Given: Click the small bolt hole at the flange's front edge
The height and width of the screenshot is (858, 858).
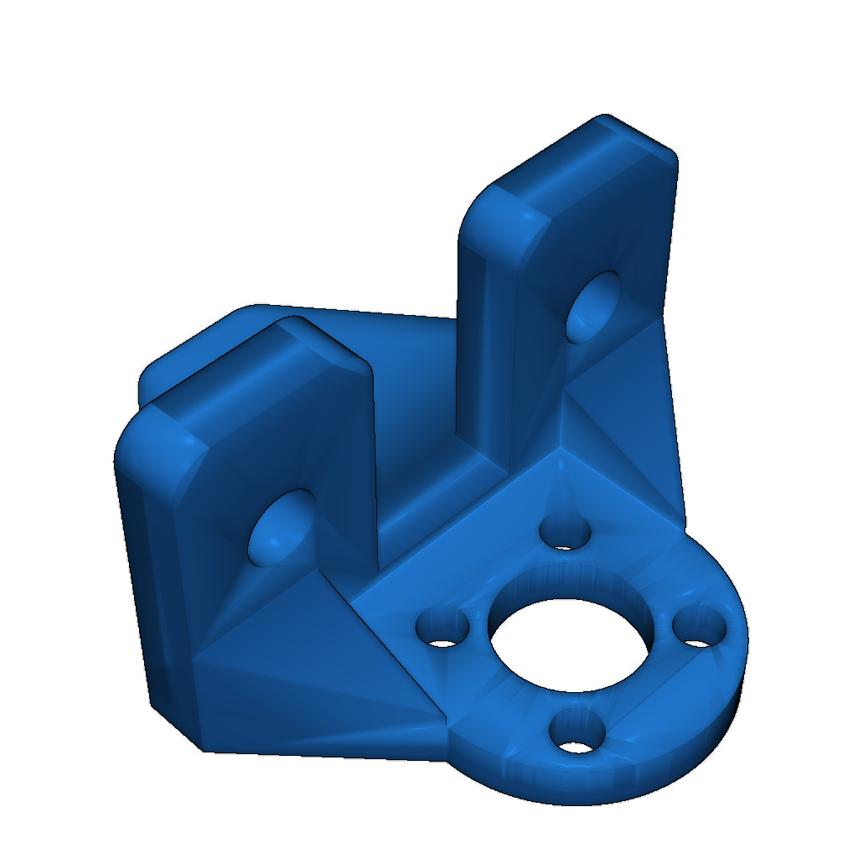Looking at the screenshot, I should (x=577, y=731).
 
